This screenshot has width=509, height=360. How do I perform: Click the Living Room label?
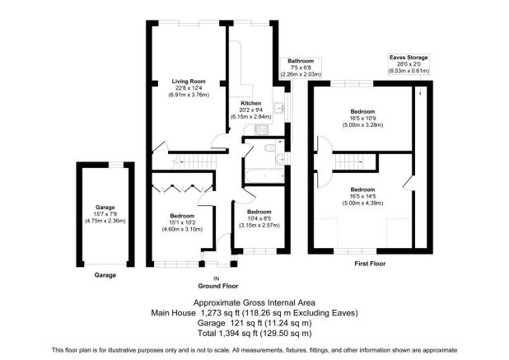coord(188,82)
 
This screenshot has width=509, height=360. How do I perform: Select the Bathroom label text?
coord(300,61)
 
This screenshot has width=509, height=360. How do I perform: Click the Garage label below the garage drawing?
coord(104,274)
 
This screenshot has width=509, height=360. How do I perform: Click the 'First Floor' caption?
coord(370,264)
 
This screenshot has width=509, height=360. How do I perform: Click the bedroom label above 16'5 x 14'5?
coord(363,189)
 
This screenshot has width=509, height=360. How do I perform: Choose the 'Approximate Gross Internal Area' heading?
coord(254,303)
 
